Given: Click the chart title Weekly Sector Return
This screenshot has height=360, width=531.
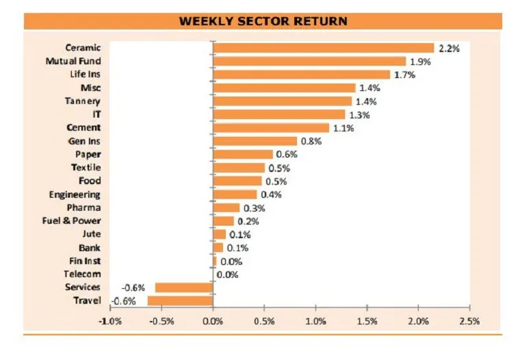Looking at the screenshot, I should (x=263, y=21).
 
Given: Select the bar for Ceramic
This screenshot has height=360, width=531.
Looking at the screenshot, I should (x=324, y=48).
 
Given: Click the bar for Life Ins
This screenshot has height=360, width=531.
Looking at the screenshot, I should (x=302, y=75).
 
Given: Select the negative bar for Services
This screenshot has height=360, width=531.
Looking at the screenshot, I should (x=185, y=287).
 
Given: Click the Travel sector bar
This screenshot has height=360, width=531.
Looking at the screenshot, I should (x=181, y=300).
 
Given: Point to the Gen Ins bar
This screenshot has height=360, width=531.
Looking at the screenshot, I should (x=255, y=141).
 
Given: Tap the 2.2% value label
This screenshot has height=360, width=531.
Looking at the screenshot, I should (x=448, y=49).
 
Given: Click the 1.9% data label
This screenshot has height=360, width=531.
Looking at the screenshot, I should (x=419, y=62).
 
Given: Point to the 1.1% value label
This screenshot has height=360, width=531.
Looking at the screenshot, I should (x=343, y=128).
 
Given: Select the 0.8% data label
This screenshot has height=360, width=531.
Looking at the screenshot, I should (x=311, y=142).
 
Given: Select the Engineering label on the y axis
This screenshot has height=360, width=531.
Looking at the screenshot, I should (x=75, y=194).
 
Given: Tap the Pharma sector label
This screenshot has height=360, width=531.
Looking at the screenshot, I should (x=83, y=207).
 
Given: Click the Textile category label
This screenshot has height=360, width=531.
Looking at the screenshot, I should (x=86, y=168).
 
